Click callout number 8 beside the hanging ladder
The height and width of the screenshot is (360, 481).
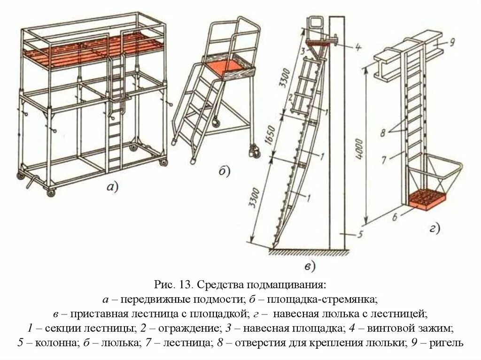click(x=384, y=133)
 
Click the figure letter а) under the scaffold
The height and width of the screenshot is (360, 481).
click(x=112, y=188)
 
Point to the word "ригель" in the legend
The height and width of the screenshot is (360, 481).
click(x=446, y=343)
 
